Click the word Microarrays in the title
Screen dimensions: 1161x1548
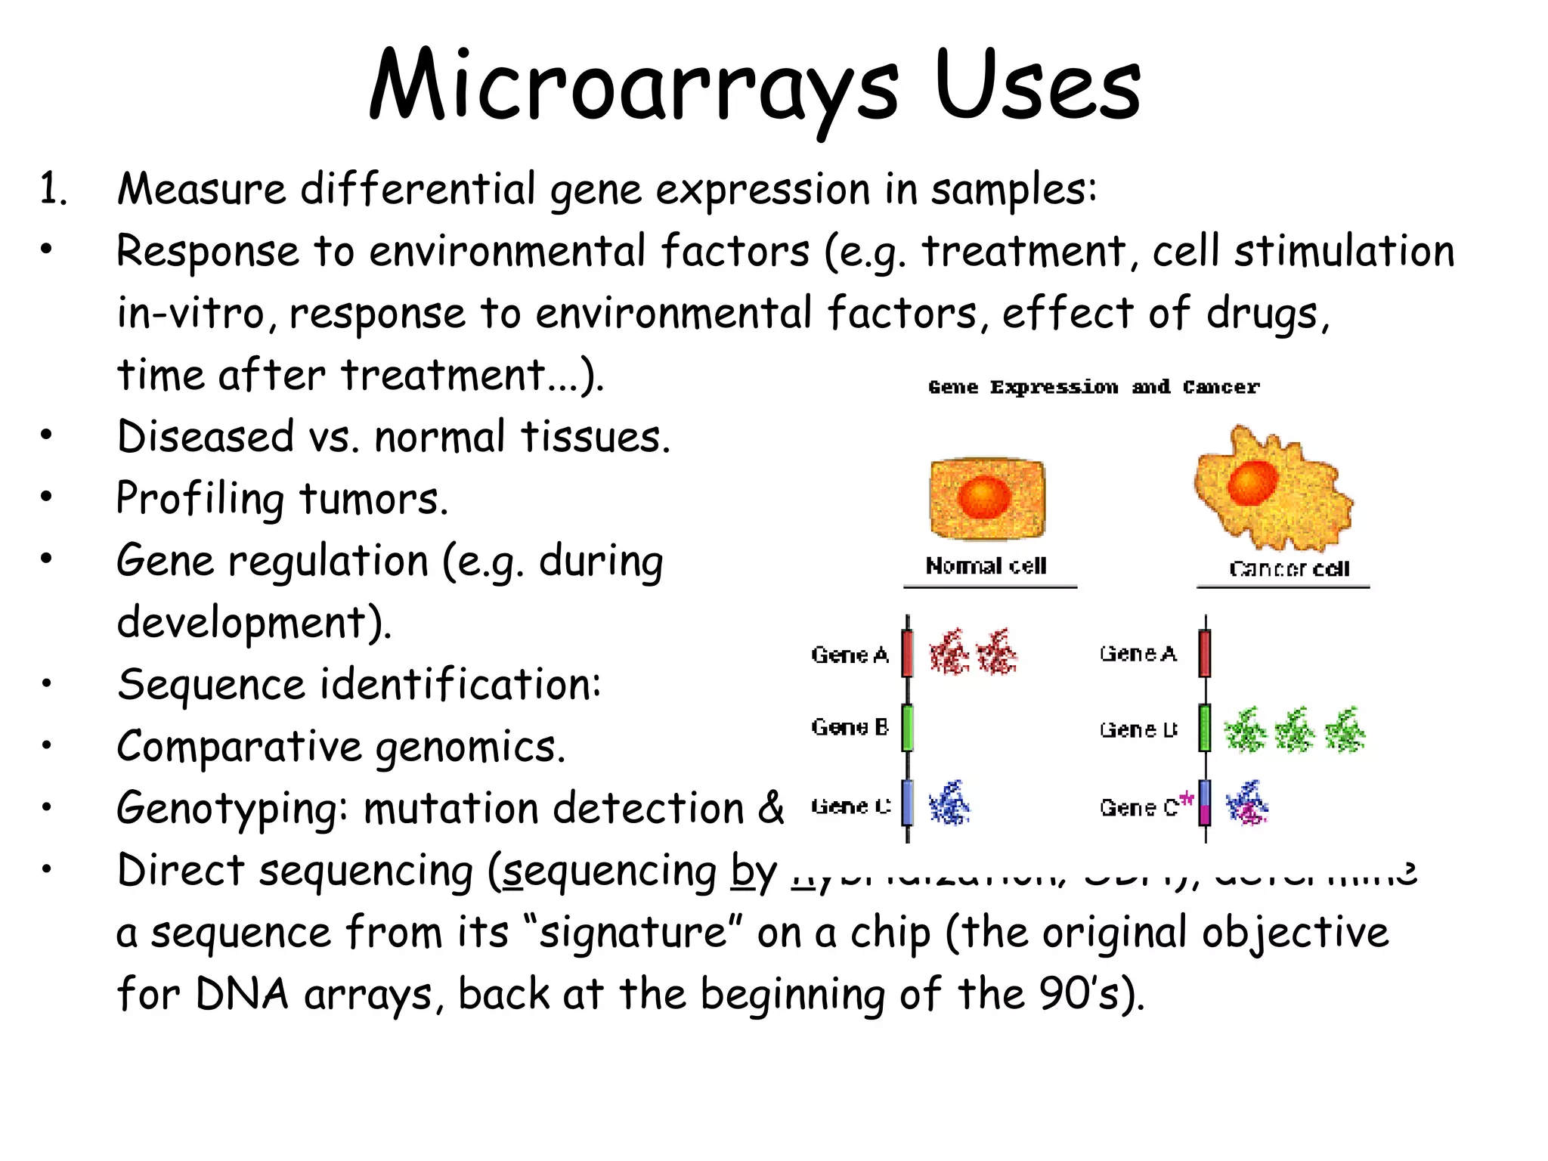coord(633,87)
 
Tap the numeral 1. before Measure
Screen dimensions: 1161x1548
coord(52,189)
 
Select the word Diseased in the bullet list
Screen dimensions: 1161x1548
coord(205,437)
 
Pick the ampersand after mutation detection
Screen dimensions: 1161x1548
coord(770,807)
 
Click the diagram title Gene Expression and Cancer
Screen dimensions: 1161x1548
coord(1094,387)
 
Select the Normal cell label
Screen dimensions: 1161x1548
coord(986,565)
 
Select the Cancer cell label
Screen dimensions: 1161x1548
coord(1289,568)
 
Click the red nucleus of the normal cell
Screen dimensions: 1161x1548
coord(983,497)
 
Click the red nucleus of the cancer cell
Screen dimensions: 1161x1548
coord(1252,482)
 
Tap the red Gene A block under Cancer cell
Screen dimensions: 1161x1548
coord(1205,653)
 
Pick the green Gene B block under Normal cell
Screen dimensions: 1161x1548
coord(908,727)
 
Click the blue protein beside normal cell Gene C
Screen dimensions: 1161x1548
coord(949,803)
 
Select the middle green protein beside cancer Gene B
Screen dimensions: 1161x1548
coord(1294,730)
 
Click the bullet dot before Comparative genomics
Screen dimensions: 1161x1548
coord(47,746)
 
